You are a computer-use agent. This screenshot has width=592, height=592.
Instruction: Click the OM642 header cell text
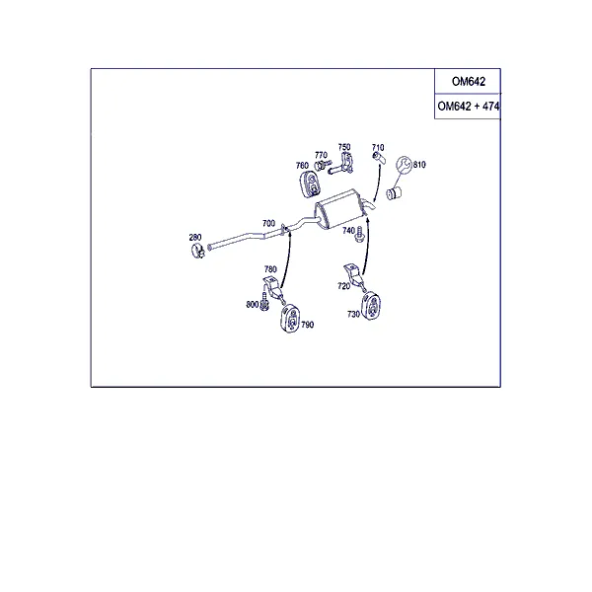468,82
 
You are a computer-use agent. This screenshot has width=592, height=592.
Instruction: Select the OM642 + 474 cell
468,107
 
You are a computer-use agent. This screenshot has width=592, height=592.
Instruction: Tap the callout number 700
268,223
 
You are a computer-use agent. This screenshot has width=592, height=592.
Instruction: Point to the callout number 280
195,237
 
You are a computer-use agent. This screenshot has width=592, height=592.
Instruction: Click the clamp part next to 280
197,251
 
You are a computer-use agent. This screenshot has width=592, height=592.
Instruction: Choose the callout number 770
321,155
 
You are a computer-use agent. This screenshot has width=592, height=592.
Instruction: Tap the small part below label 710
379,158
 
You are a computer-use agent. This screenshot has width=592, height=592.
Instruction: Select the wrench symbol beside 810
404,165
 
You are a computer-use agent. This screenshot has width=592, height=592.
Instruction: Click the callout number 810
419,165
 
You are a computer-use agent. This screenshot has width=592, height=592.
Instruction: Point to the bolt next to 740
359,234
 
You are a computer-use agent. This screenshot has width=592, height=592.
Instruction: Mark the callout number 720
344,286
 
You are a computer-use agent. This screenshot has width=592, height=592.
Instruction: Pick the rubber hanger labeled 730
372,306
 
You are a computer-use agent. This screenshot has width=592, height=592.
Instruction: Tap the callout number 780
270,269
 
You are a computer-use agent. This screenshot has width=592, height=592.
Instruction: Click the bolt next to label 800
264,303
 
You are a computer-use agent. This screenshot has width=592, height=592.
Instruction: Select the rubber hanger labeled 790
290,319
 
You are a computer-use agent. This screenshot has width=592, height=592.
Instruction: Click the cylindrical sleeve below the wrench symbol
394,193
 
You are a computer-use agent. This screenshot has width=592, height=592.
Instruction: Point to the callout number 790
307,325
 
